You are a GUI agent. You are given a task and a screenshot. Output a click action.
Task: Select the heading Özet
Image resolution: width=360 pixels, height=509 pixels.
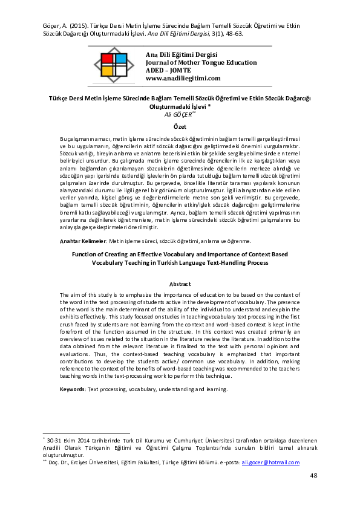(x=180, y=127)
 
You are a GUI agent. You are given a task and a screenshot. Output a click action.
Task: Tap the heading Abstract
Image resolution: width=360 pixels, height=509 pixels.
(x=180, y=284)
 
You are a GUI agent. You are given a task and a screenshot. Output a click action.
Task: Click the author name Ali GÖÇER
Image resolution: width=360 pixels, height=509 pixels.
(x=178, y=113)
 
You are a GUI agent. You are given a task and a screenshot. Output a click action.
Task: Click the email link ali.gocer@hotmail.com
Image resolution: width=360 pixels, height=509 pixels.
(x=270, y=462)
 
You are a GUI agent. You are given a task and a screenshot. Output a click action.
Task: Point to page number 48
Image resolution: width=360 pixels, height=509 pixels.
(x=313, y=476)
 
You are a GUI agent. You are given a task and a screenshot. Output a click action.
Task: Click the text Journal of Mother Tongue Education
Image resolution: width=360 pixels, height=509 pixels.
(x=201, y=62)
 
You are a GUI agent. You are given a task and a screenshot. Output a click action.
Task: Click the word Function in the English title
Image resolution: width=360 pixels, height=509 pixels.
(x=84, y=255)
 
